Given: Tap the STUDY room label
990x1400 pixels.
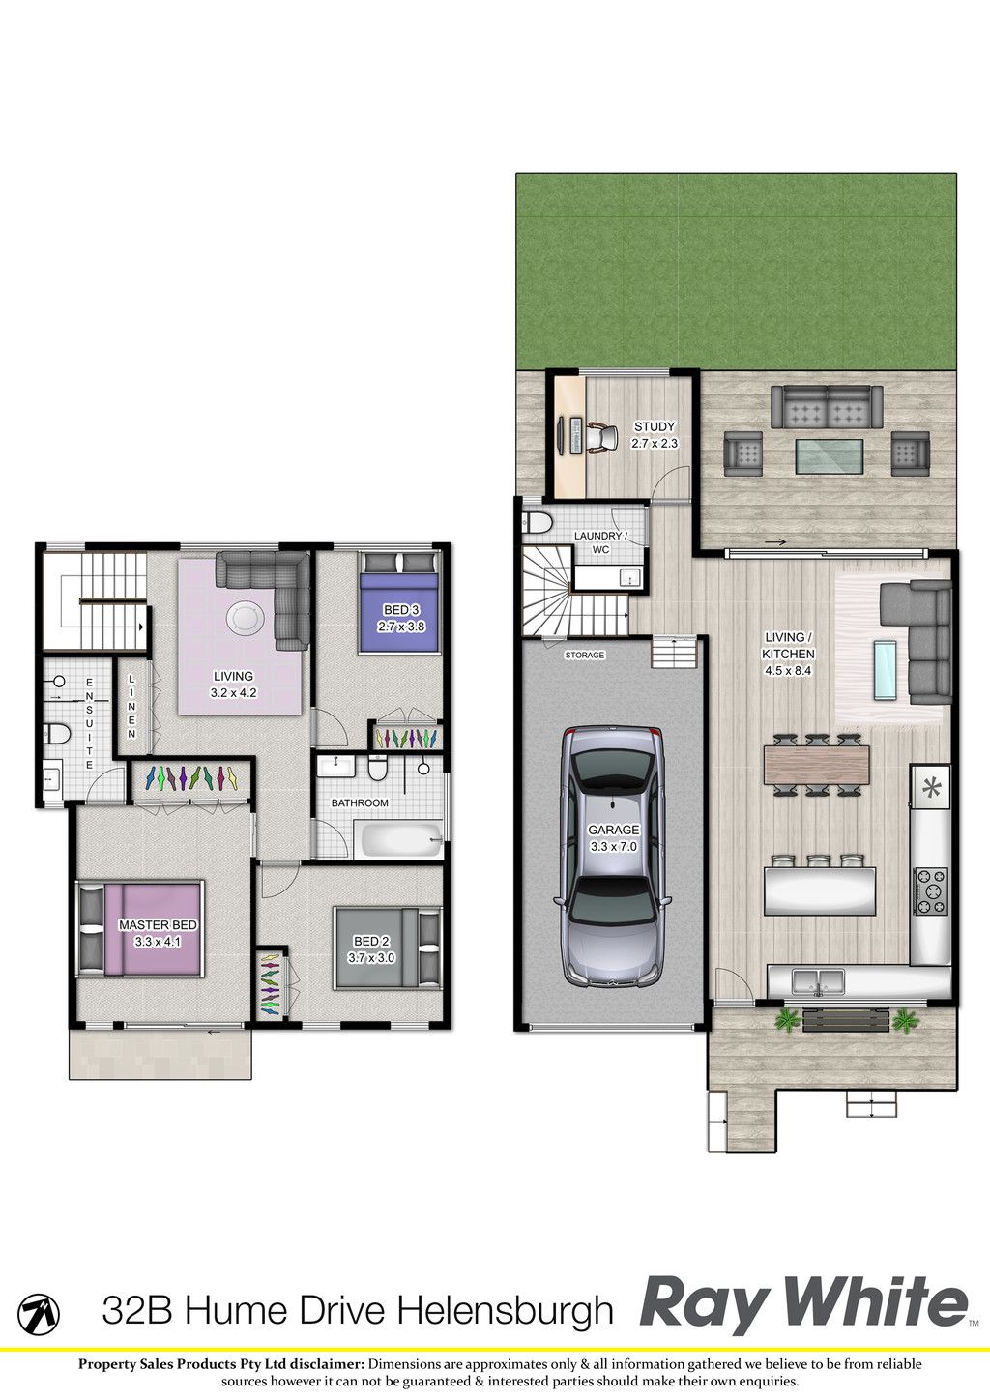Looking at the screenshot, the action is pyautogui.click(x=655, y=426).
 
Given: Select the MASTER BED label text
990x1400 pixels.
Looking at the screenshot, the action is pyautogui.click(x=158, y=924).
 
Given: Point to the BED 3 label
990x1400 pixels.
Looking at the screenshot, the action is pyautogui.click(x=401, y=609).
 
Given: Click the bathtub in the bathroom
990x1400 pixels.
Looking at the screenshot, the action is pyautogui.click(x=399, y=839).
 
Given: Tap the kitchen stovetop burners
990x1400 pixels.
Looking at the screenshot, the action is pyautogui.click(x=931, y=891).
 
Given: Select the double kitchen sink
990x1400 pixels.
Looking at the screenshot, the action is pyautogui.click(x=818, y=980).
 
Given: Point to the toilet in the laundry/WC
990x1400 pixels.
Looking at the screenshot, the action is pyautogui.click(x=536, y=522).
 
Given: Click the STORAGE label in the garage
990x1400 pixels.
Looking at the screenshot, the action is pyautogui.click(x=584, y=655).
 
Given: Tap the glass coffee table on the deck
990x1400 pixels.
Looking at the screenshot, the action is pyautogui.click(x=829, y=456).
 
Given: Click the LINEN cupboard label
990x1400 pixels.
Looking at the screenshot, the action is pyautogui.click(x=131, y=706).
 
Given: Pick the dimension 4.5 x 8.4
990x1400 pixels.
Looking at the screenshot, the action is pyautogui.click(x=788, y=671).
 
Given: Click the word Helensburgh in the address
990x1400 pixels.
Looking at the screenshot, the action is pyautogui.click(x=507, y=1310).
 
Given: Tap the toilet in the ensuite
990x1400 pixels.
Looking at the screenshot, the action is pyautogui.click(x=56, y=733).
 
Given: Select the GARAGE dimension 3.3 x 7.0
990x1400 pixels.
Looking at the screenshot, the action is pyautogui.click(x=614, y=847).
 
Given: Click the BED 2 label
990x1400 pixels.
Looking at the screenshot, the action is pyautogui.click(x=371, y=942).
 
